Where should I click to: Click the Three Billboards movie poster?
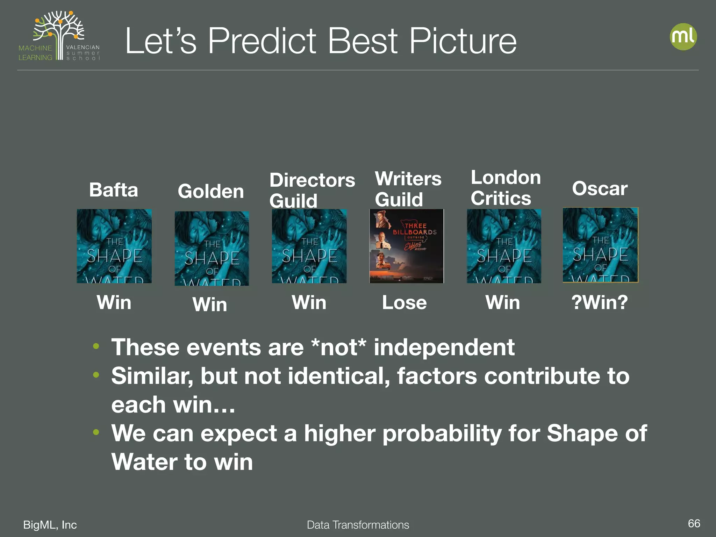[x=406, y=246]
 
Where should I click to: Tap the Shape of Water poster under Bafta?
[x=114, y=246]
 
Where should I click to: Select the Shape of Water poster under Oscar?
[x=600, y=245]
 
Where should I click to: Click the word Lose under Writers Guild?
[x=404, y=302]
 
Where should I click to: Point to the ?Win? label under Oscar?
[x=600, y=302]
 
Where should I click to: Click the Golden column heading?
[x=210, y=192]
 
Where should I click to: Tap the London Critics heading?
[x=505, y=188]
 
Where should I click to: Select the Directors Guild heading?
[x=312, y=191]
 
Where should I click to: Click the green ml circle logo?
[x=683, y=37]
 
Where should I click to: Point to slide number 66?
[x=694, y=523]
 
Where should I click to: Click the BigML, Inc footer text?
[x=50, y=525]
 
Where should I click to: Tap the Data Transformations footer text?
[x=358, y=525]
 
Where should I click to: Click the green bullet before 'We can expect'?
[x=96, y=432]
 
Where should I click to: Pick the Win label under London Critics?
[x=502, y=302]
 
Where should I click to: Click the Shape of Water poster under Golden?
[x=212, y=248]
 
